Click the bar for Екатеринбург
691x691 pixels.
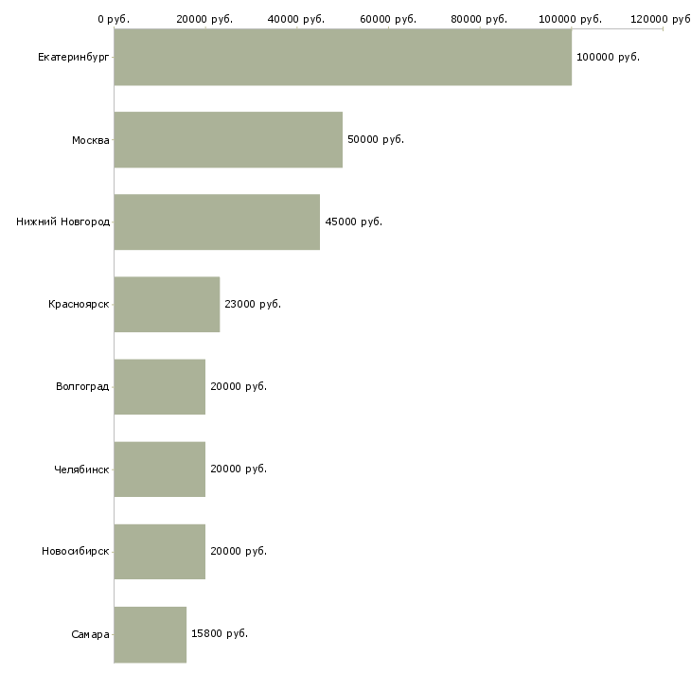343,57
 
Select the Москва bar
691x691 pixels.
228,140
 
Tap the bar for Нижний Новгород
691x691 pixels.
217,222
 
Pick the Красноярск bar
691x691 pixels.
167,305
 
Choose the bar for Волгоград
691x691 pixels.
160,387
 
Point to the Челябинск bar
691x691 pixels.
160,470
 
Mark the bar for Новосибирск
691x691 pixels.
160,552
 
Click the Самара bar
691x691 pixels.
151,634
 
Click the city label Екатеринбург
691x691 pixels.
73,58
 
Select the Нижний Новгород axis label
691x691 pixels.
62,221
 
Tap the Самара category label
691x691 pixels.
90,634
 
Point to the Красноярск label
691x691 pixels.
79,304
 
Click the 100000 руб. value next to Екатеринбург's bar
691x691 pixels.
608,57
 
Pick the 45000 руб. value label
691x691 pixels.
353,221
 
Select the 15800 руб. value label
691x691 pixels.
220,633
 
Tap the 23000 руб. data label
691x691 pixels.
253,304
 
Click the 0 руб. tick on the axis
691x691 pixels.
114,19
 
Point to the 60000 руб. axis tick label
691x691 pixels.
388,19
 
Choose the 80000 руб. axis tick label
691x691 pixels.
479,19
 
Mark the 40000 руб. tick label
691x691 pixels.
296,19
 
